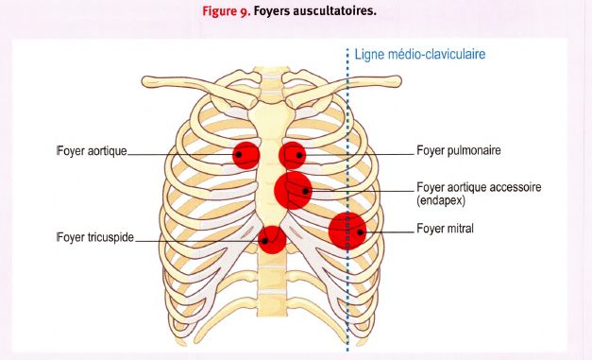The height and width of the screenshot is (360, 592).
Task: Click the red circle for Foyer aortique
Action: click(x=246, y=155)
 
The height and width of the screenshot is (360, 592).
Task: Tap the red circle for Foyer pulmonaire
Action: click(x=293, y=155)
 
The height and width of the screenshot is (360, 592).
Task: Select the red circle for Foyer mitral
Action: click(x=347, y=231)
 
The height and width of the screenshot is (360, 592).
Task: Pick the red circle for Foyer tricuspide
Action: click(x=272, y=239)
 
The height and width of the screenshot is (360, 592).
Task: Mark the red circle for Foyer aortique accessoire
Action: click(x=294, y=190)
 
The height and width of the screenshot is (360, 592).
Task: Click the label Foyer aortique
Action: click(x=92, y=151)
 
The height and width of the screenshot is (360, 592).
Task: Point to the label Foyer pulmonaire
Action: click(x=459, y=150)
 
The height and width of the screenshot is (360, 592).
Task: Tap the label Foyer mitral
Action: click(x=445, y=228)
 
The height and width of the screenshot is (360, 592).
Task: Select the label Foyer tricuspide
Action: click(x=95, y=237)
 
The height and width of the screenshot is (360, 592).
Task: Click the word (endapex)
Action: click(x=441, y=200)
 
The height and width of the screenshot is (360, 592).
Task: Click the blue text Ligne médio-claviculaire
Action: click(x=420, y=54)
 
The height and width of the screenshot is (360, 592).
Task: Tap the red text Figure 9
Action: click(x=227, y=11)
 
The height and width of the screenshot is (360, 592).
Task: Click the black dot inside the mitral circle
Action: click(x=360, y=231)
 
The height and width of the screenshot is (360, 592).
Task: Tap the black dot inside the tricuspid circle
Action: click(x=265, y=241)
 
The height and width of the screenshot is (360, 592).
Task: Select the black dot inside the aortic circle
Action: click(x=239, y=154)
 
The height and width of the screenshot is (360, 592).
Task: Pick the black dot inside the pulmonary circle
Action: click(x=299, y=155)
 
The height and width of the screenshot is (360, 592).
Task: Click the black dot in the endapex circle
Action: click(x=305, y=191)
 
